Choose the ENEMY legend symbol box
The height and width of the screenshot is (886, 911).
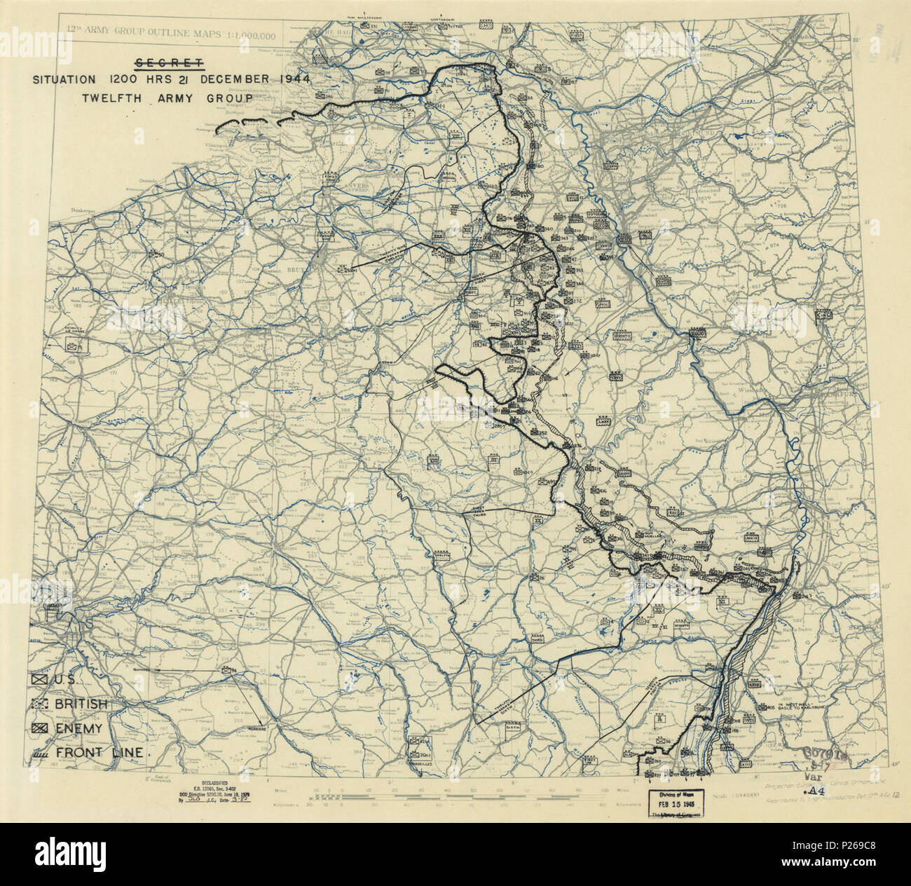(39, 728)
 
